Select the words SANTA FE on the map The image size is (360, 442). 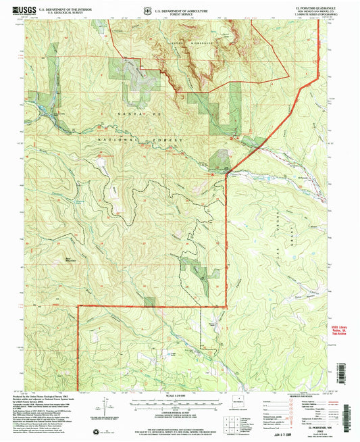[x=129, y=118]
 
